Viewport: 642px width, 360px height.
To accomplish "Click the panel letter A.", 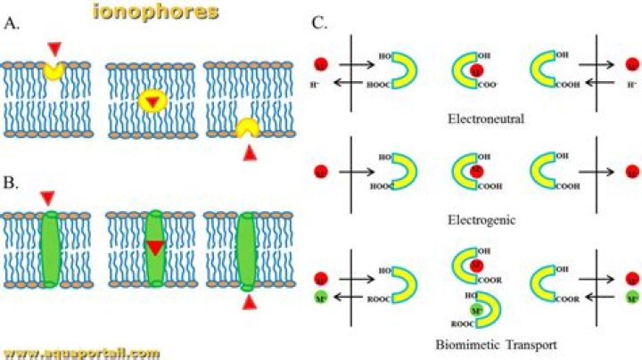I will [x=12, y=24].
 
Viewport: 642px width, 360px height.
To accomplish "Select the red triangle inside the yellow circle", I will [x=153, y=103].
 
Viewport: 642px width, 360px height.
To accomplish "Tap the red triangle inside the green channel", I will [x=156, y=249].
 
